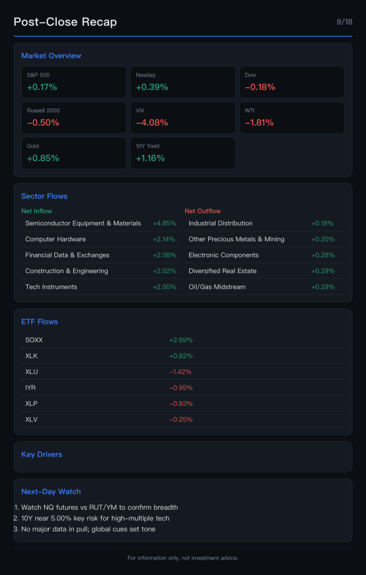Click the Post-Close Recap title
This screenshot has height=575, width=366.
pyautogui.click(x=65, y=22)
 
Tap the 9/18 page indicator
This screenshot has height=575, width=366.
pyautogui.click(x=344, y=22)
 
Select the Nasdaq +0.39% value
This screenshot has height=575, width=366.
pyautogui.click(x=152, y=87)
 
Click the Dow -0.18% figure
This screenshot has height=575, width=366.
pyautogui.click(x=260, y=87)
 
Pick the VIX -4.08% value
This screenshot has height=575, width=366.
pyautogui.click(x=152, y=123)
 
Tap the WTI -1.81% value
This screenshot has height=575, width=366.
pyautogui.click(x=259, y=123)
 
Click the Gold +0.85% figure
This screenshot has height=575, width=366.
pyautogui.click(x=43, y=158)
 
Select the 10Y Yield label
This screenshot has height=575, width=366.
pyautogui.click(x=148, y=146)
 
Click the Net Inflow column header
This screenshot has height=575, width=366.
pyautogui.click(x=37, y=211)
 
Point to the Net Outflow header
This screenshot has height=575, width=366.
pyautogui.click(x=203, y=211)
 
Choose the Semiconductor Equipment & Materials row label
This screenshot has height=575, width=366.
pyautogui.click(x=83, y=223)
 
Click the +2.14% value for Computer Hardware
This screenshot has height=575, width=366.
pyautogui.click(x=164, y=240)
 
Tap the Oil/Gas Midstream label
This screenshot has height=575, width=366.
pyautogui.click(x=217, y=287)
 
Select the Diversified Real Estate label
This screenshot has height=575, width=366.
pyautogui.click(x=222, y=271)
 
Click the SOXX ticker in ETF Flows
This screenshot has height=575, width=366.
pyautogui.click(x=34, y=340)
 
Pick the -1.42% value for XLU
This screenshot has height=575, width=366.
pyautogui.click(x=180, y=372)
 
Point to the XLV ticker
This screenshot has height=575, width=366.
pyautogui.click(x=32, y=419)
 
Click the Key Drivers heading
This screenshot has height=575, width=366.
pyautogui.click(x=42, y=454)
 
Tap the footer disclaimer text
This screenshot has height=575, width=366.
pyautogui.click(x=183, y=558)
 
